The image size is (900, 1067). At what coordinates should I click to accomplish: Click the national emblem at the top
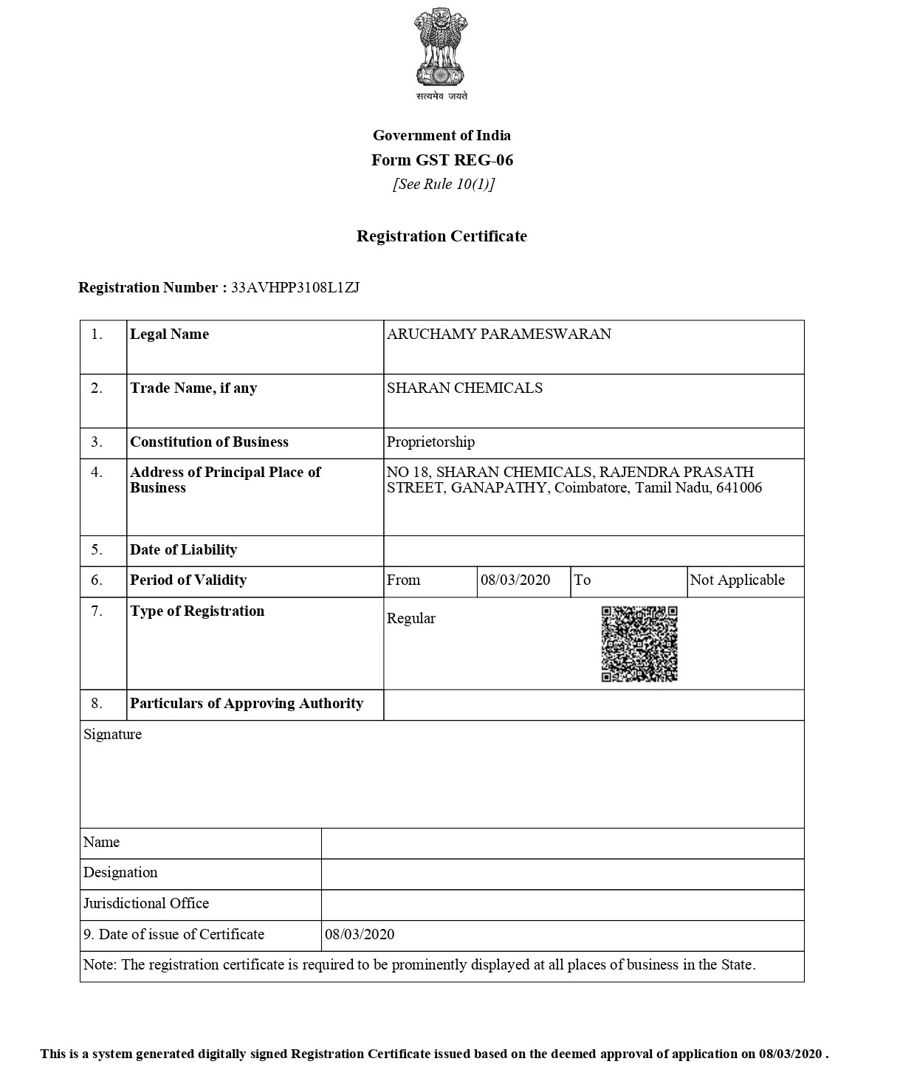(x=441, y=49)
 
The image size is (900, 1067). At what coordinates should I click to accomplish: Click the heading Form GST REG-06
(x=442, y=160)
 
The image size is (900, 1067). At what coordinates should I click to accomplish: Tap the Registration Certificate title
(x=442, y=236)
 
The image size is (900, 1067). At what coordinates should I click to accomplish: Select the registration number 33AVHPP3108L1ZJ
(x=295, y=288)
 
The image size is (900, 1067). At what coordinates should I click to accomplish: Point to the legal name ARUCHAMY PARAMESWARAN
(x=499, y=334)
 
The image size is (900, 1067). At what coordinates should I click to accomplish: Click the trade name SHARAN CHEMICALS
(x=464, y=388)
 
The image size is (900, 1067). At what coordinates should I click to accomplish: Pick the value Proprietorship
(x=430, y=442)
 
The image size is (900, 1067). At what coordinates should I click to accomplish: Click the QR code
(x=639, y=644)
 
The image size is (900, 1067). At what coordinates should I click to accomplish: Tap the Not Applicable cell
(x=737, y=580)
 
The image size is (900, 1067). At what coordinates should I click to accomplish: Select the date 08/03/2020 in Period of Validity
(x=515, y=580)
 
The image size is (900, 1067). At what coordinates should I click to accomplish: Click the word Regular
(x=411, y=619)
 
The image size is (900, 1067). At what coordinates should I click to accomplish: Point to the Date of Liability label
(x=183, y=550)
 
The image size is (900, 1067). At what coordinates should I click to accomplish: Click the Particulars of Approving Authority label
(x=247, y=704)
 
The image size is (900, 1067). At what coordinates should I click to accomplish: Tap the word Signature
(x=112, y=735)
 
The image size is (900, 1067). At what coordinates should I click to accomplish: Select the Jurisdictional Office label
(x=146, y=904)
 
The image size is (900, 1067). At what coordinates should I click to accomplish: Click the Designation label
(x=120, y=873)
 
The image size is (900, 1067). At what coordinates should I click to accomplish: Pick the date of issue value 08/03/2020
(x=360, y=935)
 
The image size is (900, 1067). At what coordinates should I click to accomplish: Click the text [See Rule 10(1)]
(x=444, y=184)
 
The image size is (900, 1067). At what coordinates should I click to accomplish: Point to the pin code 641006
(x=738, y=488)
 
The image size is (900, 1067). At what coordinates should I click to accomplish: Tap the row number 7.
(x=97, y=611)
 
